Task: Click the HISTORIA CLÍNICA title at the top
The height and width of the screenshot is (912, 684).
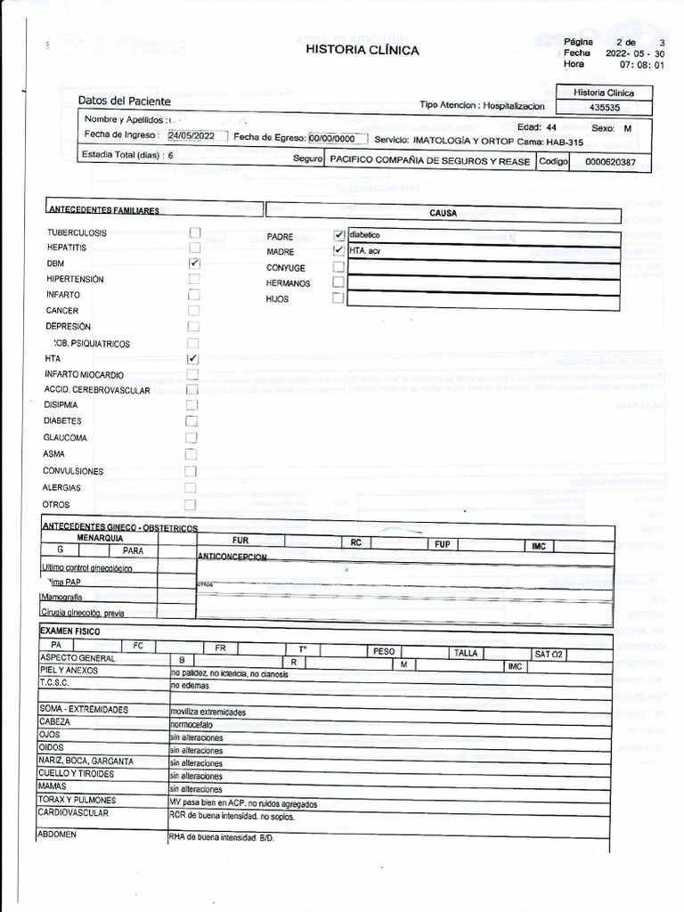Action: [x=362, y=51]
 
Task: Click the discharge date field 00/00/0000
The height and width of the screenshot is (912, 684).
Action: [x=332, y=139]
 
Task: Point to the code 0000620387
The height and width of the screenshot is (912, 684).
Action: [x=610, y=162]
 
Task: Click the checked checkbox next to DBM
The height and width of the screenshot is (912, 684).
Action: [x=194, y=265]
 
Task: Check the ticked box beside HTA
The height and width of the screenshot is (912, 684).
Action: [x=192, y=358]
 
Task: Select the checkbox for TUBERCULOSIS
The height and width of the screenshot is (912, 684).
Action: [x=194, y=232]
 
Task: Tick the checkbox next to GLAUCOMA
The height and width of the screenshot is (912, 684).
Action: [x=191, y=438]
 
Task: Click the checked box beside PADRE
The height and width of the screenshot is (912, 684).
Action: [x=338, y=236]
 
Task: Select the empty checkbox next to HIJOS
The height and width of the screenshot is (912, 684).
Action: [x=338, y=299]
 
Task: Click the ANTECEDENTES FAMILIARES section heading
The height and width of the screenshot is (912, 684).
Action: [x=103, y=211]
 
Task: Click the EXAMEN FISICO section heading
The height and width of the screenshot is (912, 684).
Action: [x=70, y=631]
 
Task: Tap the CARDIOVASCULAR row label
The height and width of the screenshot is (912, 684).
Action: [x=74, y=814]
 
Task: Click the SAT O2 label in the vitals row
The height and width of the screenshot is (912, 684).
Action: [x=549, y=655]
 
